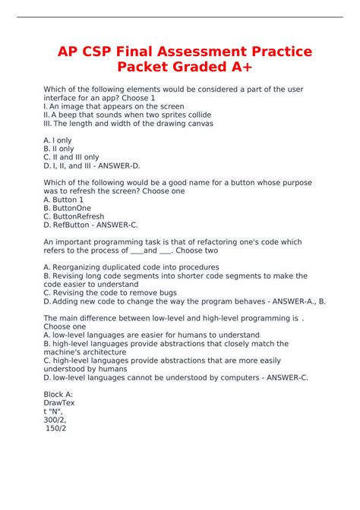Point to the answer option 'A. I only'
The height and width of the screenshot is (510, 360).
[58, 140]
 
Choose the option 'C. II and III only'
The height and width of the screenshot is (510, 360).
[71, 157]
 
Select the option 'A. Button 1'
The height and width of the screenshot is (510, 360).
[64, 200]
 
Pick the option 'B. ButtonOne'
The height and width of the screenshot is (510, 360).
[67, 208]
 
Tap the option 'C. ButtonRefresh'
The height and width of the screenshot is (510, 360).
[74, 216]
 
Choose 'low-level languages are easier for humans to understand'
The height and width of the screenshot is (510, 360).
[151, 335]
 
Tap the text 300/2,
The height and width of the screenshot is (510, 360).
[55, 420]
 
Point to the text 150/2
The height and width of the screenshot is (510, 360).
[57, 428]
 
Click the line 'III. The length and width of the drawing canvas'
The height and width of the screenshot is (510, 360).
[128, 123]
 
